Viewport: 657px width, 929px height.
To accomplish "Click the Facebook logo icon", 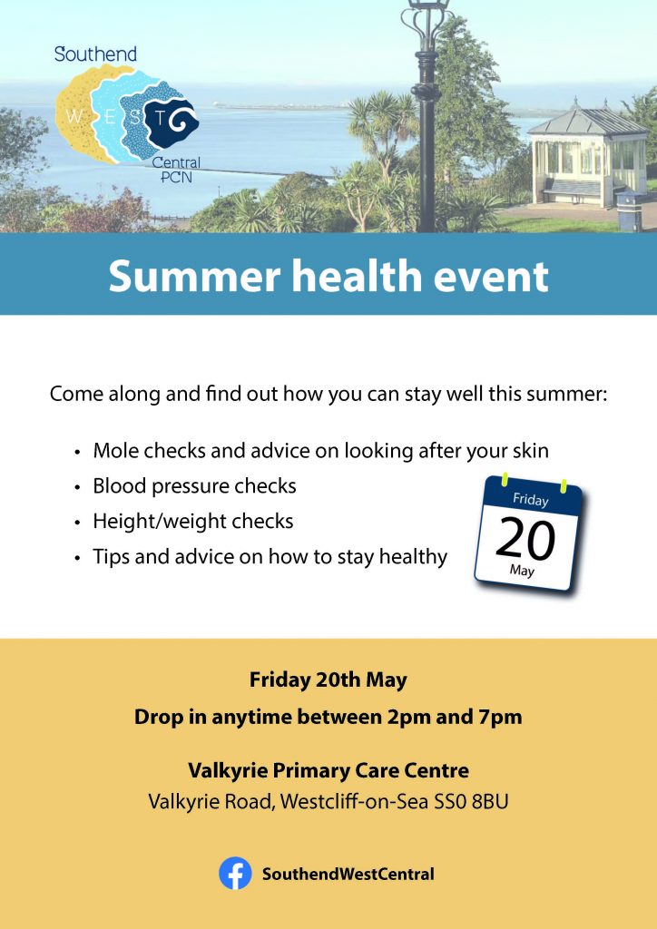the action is click(235, 874).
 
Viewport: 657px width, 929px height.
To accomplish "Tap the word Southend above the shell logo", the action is click(95, 54).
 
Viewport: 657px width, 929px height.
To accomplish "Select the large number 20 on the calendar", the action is click(525, 539).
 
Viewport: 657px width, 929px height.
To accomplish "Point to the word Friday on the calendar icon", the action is click(530, 500).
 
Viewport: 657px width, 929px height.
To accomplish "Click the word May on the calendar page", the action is click(522, 572).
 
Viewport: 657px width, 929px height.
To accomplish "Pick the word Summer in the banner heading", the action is click(192, 276).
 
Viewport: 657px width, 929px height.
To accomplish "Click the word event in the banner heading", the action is click(491, 277).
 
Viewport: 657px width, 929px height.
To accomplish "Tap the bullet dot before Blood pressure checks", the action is click(77, 487).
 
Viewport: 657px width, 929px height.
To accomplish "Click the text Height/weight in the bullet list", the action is click(160, 522).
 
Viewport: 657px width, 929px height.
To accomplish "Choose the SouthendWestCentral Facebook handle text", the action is click(348, 874).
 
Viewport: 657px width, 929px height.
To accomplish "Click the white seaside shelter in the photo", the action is click(590, 156).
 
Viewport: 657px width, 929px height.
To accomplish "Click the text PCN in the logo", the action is click(177, 177).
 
